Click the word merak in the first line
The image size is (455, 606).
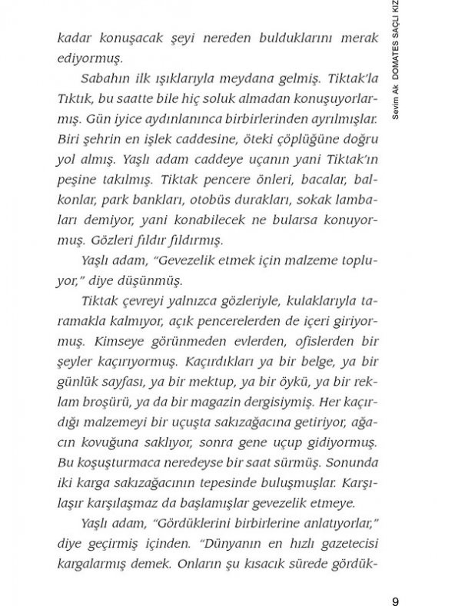pyautogui.click(x=358, y=38)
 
